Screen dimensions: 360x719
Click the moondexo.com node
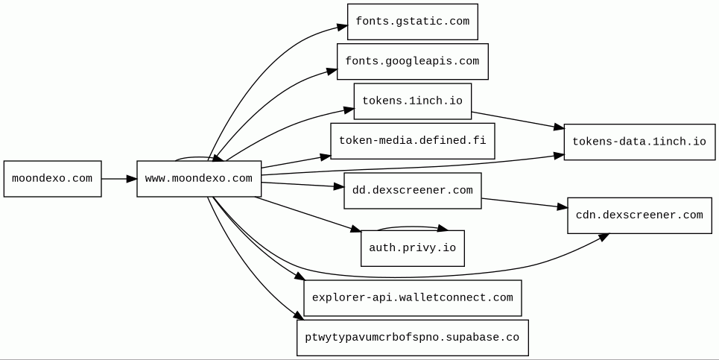(x=52, y=179)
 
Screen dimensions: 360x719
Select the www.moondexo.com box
(x=199, y=179)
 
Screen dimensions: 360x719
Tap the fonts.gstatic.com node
(x=412, y=22)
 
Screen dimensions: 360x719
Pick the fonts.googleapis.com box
(x=412, y=61)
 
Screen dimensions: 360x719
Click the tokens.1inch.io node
(x=412, y=101)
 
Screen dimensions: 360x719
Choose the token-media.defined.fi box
(x=412, y=141)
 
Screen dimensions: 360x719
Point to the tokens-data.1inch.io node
(x=639, y=142)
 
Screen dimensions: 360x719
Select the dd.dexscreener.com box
(x=412, y=191)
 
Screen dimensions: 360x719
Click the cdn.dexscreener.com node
(x=639, y=215)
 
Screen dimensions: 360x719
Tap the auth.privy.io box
(x=412, y=248)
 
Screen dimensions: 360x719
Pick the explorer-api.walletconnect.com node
(x=412, y=298)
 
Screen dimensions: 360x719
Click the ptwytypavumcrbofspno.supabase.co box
(x=412, y=338)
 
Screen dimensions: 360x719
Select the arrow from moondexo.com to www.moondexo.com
(x=118, y=179)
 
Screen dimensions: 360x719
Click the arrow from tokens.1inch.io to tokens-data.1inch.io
(x=517, y=120)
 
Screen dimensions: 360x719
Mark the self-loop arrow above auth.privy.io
(x=412, y=227)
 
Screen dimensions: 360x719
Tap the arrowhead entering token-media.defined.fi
(x=325, y=157)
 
